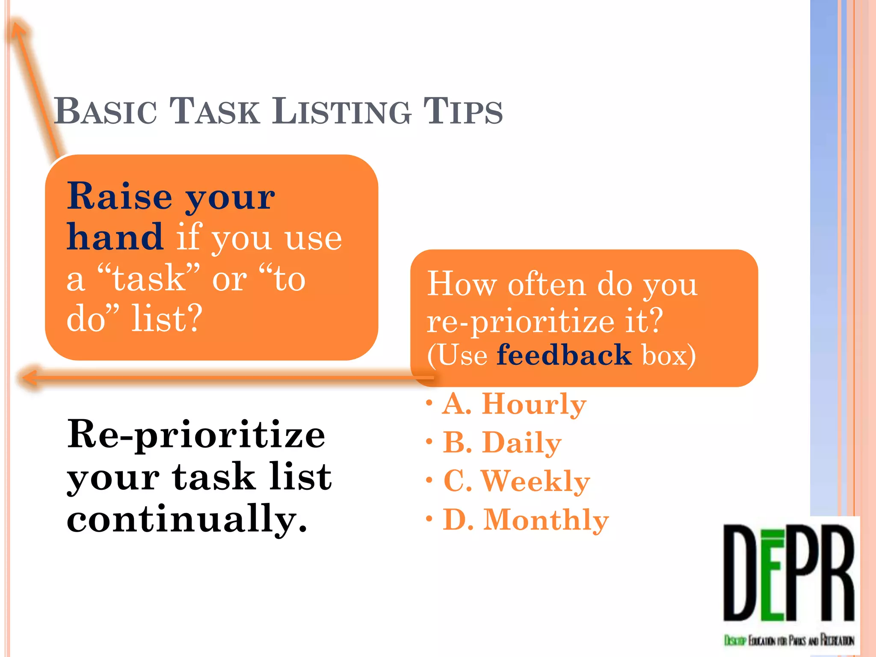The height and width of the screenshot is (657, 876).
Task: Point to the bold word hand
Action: [x=115, y=237]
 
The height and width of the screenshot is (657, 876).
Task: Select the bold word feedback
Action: [x=564, y=355]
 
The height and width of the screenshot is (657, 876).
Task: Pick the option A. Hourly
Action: [x=513, y=404]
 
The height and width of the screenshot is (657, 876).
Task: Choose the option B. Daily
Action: [x=501, y=442]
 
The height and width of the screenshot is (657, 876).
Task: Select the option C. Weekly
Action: [x=516, y=481]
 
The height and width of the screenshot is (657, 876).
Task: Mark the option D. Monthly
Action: [x=525, y=520]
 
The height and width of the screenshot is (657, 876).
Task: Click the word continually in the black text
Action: [x=186, y=518]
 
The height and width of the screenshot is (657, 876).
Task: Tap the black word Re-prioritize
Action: [x=196, y=434]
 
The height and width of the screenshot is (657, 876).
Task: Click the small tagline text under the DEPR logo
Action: [x=789, y=640]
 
